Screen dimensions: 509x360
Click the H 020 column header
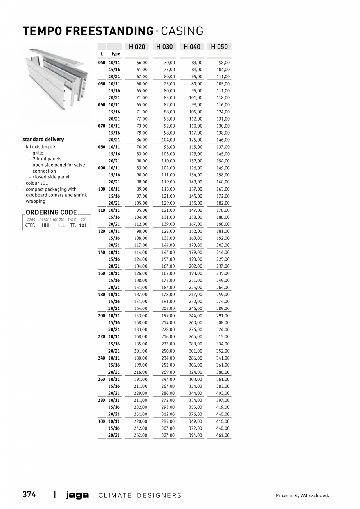pyautogui.click(x=137, y=47)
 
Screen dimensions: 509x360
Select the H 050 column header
pyautogui.click(x=219, y=47)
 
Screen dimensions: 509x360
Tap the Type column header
pyautogui.click(x=115, y=54)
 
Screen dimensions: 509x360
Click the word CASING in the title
pyautogui.click(x=182, y=31)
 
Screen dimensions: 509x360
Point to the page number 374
pyautogui.click(x=29, y=495)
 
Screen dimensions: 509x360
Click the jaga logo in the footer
pyautogui.click(x=77, y=495)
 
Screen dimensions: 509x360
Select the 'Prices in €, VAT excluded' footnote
pyautogui.click(x=302, y=496)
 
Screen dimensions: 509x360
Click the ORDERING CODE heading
pyautogui.click(x=51, y=212)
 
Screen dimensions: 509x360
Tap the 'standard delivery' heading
pyautogui.click(x=43, y=139)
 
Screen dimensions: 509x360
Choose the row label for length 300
pyautogui.click(x=101, y=421)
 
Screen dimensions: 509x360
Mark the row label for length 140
pyautogui.click(x=101, y=252)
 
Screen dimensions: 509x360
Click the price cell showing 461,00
pyautogui.click(x=223, y=435)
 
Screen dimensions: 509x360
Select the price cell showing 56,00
pyautogui.click(x=142, y=63)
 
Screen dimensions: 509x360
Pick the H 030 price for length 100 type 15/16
pyautogui.click(x=168, y=196)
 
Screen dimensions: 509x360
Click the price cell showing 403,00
pyautogui.click(x=223, y=393)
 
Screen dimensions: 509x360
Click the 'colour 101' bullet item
pyautogui.click(x=37, y=183)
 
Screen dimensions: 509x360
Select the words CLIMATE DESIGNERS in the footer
pyautogui.click(x=140, y=495)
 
